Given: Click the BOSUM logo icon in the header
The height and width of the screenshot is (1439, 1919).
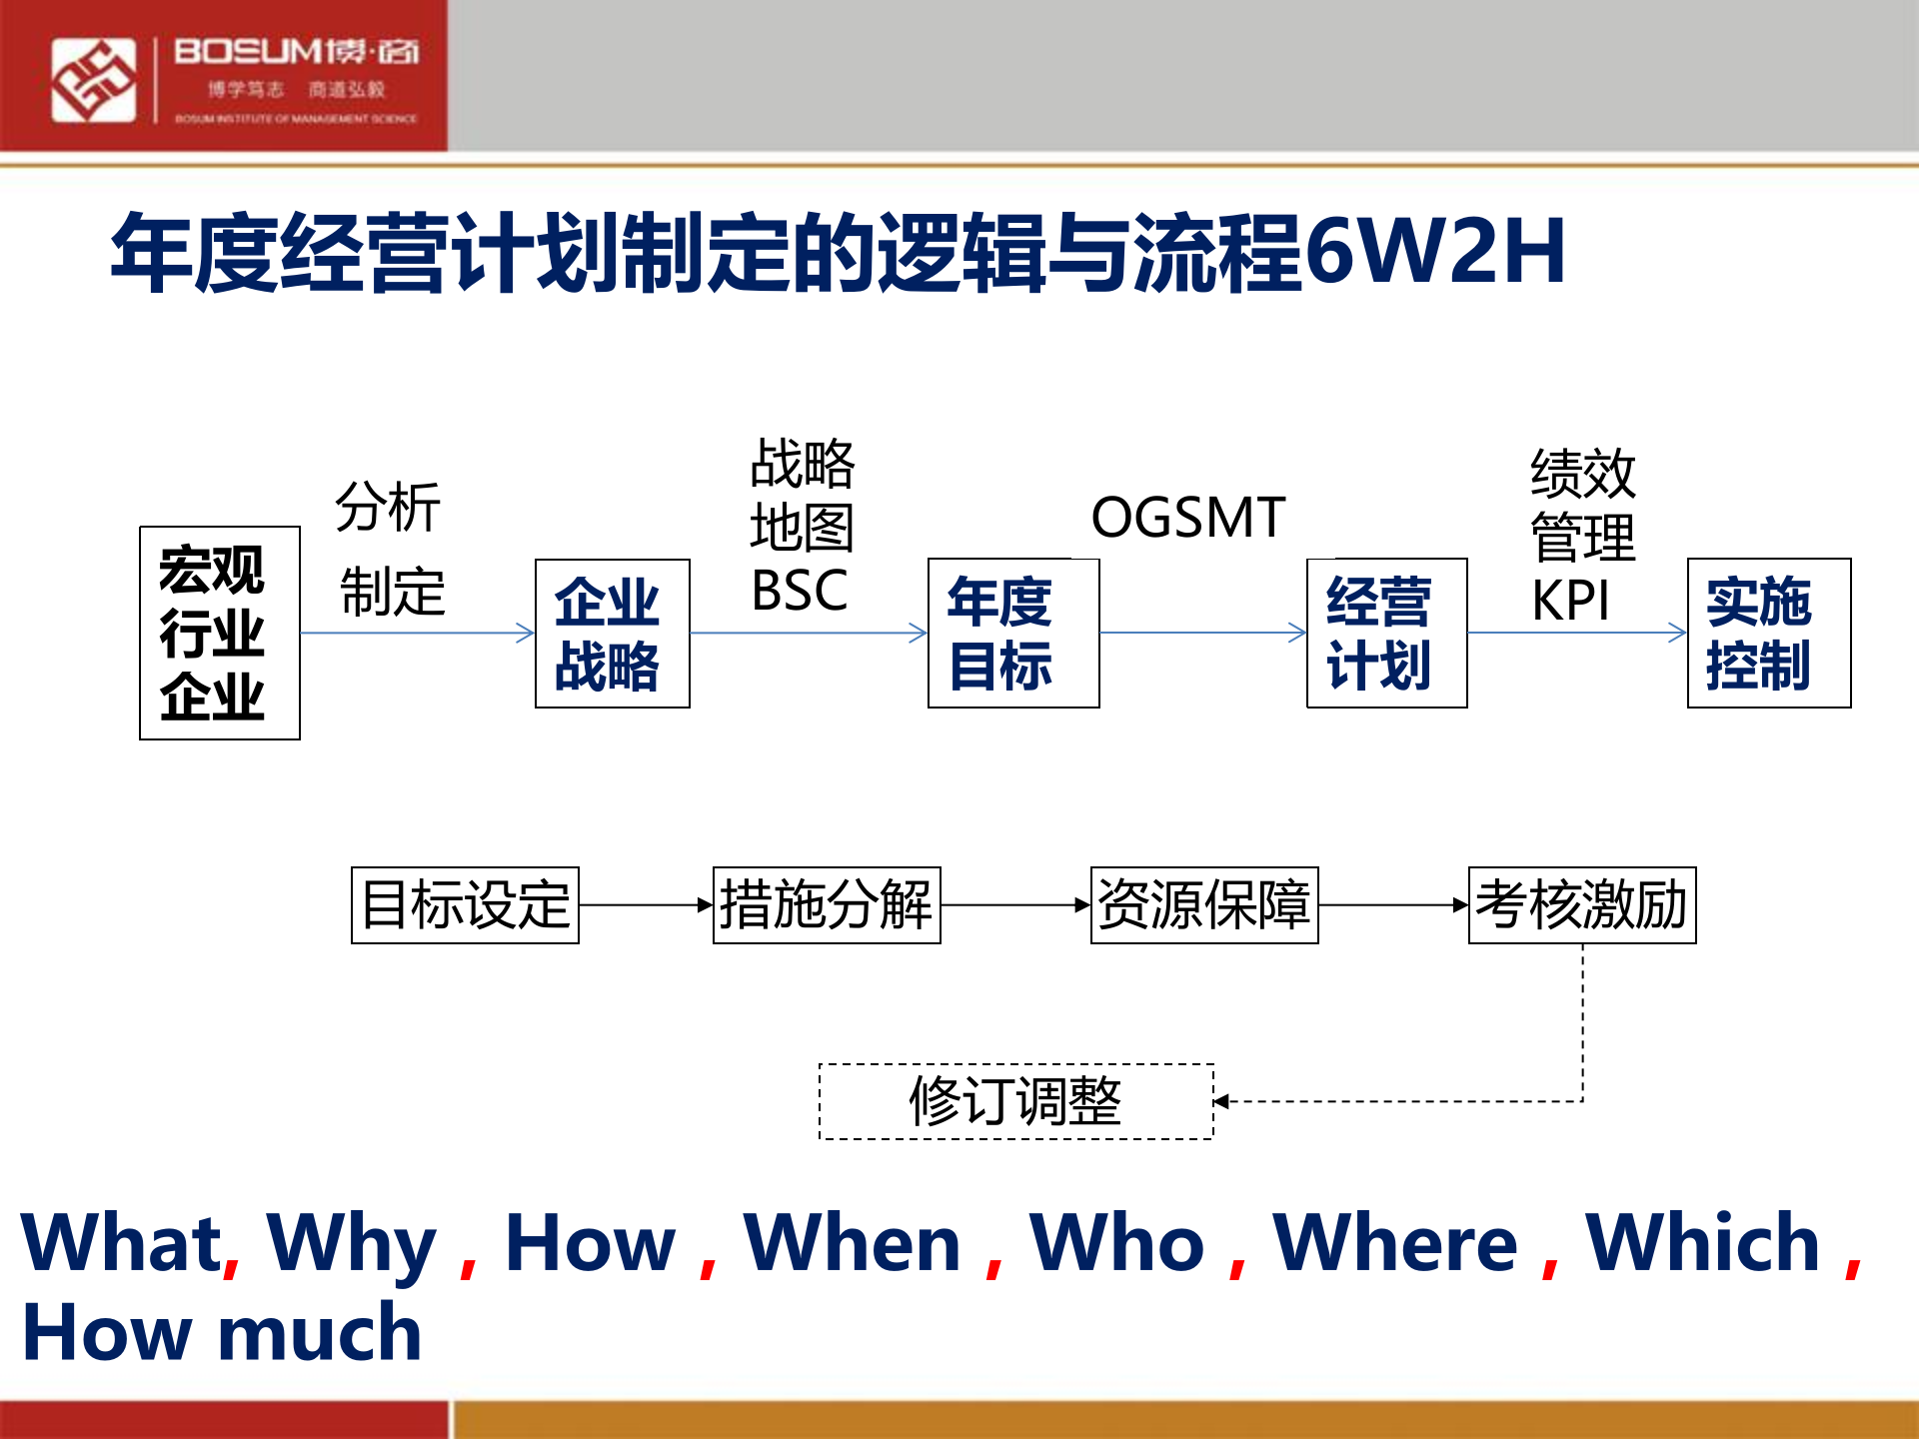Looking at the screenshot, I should point(93,80).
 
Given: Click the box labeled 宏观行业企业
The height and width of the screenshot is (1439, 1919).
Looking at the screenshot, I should point(220,634).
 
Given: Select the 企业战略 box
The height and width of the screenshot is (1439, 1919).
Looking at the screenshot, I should point(612,634).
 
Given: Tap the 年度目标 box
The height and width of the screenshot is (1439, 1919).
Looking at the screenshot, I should point(1012,634).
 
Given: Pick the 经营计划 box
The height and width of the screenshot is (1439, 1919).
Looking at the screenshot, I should point(1386,634).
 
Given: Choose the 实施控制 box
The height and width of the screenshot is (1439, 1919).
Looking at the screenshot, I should point(1768,634).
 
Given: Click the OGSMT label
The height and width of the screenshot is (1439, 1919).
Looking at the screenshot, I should point(1187,518).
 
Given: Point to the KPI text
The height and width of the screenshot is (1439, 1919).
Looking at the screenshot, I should point(1570,602).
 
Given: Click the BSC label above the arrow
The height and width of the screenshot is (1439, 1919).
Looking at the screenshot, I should point(800,591).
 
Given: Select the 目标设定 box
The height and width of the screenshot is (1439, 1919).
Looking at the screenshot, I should point(465,905).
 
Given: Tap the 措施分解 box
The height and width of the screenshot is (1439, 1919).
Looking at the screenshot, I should point(827,905).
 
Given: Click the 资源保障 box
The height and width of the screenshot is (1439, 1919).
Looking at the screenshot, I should point(1204,905).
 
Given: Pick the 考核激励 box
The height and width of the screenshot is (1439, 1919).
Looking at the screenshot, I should point(1582,905).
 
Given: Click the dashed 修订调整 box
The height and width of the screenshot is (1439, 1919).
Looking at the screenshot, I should point(1015,1101).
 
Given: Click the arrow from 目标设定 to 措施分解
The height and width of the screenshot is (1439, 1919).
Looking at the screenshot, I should point(646,905).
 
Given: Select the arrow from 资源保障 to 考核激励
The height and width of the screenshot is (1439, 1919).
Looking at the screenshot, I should point(1393,905).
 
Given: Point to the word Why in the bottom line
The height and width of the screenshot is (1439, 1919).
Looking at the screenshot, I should point(351,1245).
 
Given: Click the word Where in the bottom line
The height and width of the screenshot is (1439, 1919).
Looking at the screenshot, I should point(1394,1245).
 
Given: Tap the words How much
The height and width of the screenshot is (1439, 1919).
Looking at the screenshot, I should point(222,1333).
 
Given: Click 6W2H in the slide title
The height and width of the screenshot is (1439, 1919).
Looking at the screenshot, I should point(1435,252).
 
